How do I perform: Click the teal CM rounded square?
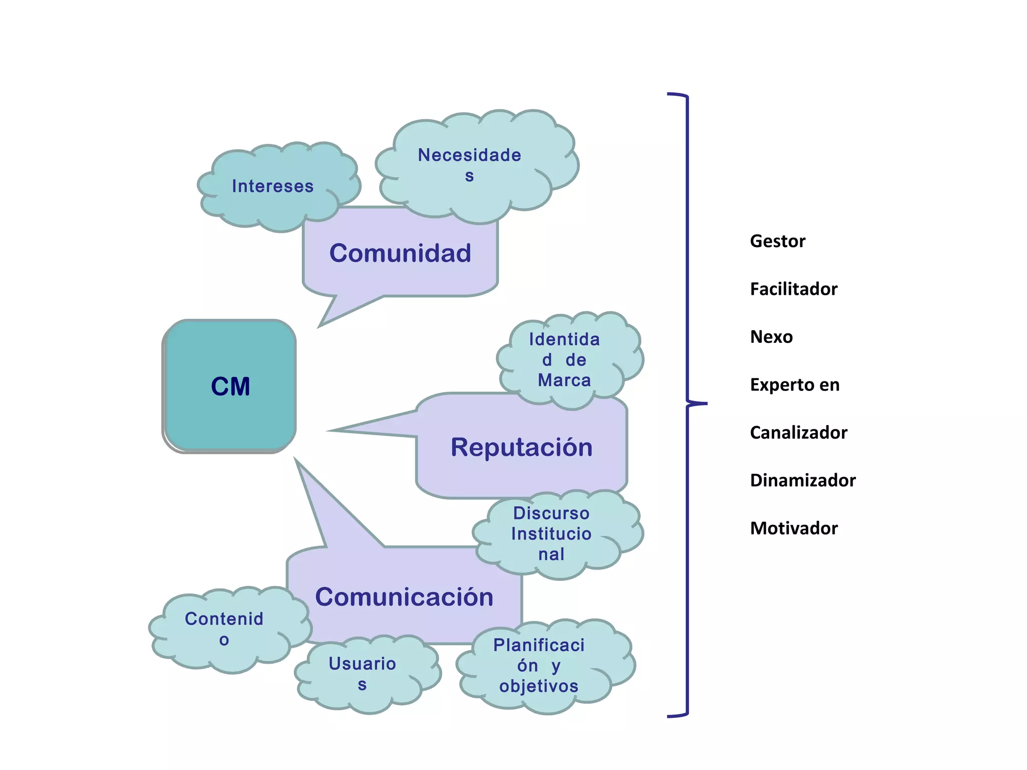[230, 386]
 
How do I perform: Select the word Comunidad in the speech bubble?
[400, 253]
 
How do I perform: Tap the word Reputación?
[521, 447]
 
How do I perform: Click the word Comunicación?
[404, 597]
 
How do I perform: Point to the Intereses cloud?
[273, 186]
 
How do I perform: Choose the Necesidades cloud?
[470, 165]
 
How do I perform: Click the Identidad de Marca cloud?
[565, 360]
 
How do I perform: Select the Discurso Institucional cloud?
[551, 534]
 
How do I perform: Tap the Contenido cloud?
[224, 629]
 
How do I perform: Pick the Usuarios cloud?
[362, 674]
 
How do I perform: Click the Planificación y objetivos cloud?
[539, 666]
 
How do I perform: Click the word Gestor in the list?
[777, 241]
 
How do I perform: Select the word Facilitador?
[793, 289]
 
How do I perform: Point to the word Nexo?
[771, 337]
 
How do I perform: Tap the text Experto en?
[794, 385]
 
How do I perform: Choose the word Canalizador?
[798, 433]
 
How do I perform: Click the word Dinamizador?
[802, 480]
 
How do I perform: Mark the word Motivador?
[794, 528]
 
